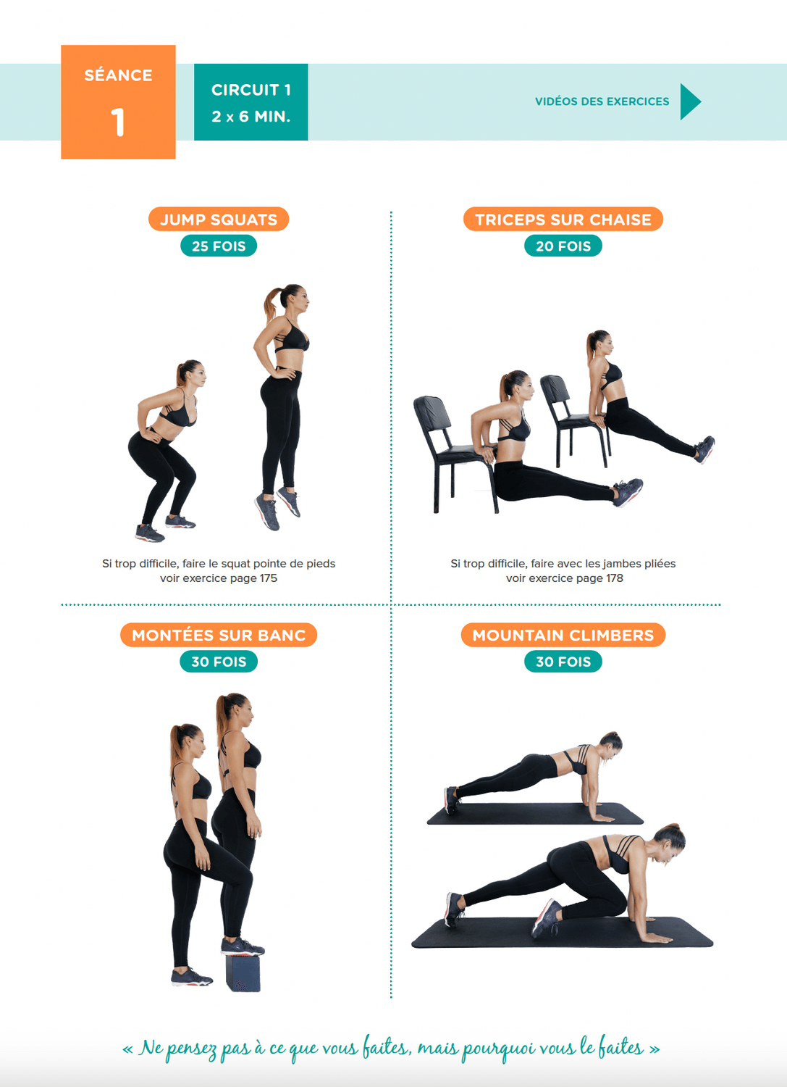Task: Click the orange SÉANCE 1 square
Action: tap(118, 102)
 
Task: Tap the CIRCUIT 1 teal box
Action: tap(251, 102)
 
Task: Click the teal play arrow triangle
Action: tap(690, 101)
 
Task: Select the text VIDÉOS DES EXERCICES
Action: tap(602, 101)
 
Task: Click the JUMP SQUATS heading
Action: tap(219, 220)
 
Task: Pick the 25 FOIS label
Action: tap(219, 246)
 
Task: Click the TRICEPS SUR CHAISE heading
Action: tap(563, 220)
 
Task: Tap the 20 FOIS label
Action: tap(563, 246)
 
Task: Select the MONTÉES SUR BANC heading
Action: tap(219, 635)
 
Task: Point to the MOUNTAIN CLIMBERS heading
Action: tap(563, 635)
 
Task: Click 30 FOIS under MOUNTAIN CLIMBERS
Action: tap(563, 662)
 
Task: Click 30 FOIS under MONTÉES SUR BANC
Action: tap(219, 662)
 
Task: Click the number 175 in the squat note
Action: tap(268, 578)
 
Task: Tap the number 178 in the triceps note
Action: tap(614, 578)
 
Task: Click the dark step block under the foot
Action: tap(243, 972)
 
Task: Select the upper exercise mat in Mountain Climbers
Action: tap(535, 814)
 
